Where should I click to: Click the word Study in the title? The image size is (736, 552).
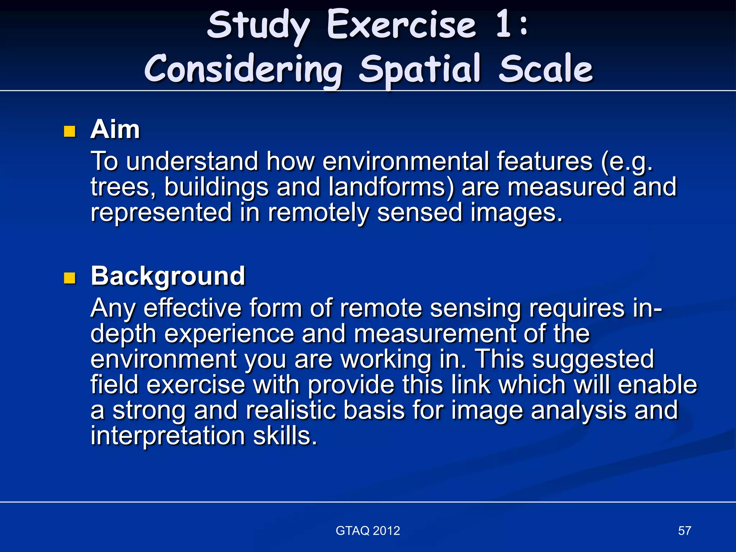click(x=258, y=26)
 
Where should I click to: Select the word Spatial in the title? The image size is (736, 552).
click(x=419, y=70)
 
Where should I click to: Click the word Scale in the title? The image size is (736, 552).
click(x=546, y=69)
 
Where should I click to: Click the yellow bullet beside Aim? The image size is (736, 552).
click(x=69, y=132)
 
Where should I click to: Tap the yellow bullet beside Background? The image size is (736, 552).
click(x=69, y=278)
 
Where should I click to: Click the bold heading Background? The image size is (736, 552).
click(x=168, y=276)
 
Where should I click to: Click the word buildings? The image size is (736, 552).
click(x=216, y=187)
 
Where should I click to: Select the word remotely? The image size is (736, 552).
click(x=318, y=212)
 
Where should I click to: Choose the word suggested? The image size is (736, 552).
click(x=593, y=359)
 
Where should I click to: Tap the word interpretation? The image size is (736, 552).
click(x=168, y=436)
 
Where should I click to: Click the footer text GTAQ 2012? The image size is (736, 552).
click(x=368, y=531)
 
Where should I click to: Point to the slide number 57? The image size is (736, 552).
click(x=684, y=531)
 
